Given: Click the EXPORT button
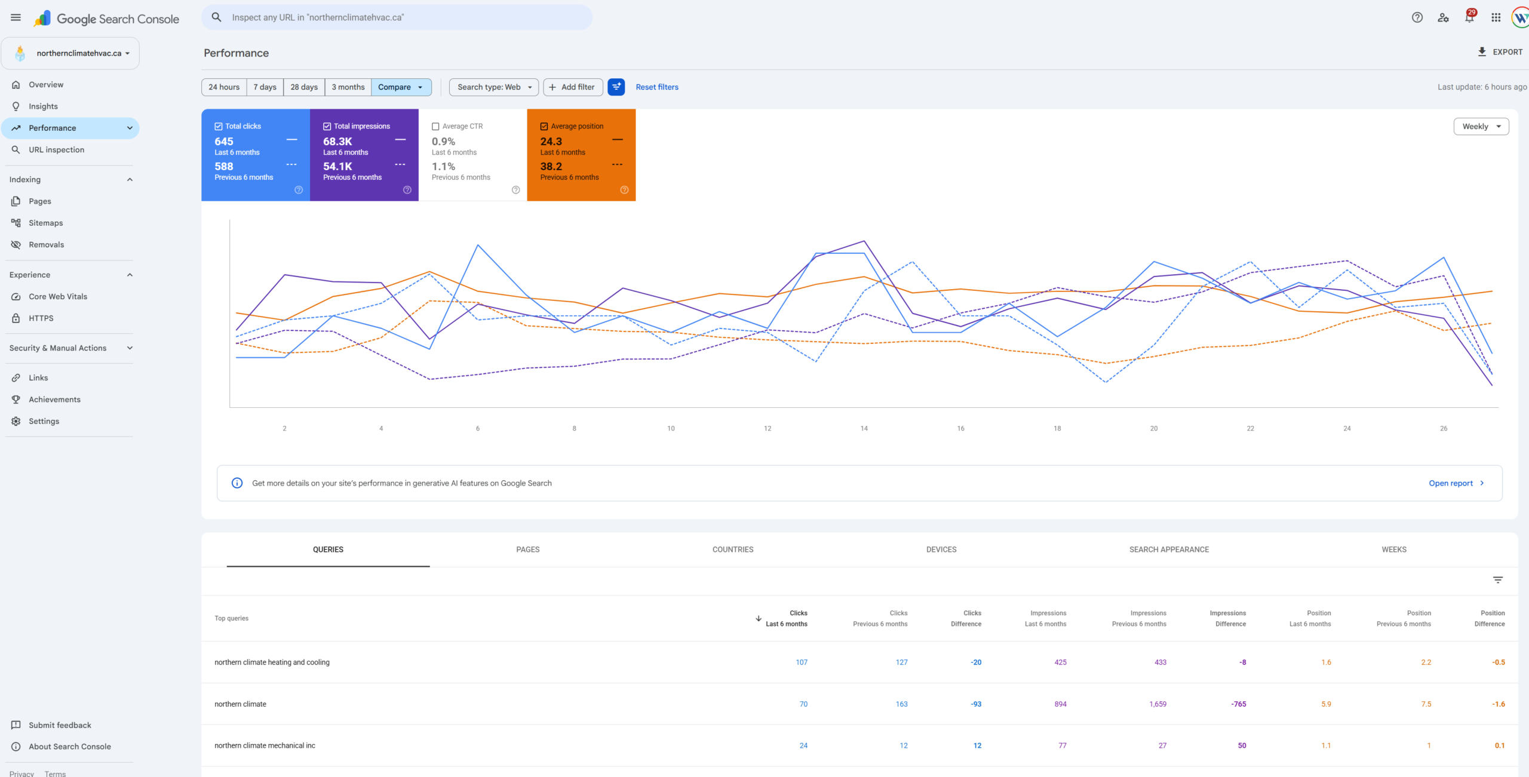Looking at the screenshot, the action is (1500, 52).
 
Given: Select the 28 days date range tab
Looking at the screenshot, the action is (304, 87).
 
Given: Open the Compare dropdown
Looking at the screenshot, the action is (401, 87).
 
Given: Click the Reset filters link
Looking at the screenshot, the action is (657, 87).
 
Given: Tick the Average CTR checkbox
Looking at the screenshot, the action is (435, 127).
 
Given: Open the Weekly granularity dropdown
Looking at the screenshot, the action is (1481, 127).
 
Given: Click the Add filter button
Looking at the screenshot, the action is (573, 87).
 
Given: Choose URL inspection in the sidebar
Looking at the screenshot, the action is (57, 150).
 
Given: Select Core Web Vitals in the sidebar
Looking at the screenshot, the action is (58, 297).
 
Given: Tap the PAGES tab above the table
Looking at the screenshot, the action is (528, 549).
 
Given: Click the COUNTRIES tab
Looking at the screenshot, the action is (733, 549).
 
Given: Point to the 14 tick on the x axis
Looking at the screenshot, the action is (864, 428).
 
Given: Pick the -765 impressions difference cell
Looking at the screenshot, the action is (1239, 704).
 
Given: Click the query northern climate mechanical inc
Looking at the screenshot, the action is (265, 745).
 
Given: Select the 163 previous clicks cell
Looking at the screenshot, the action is (901, 704).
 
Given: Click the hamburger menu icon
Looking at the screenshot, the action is (16, 17).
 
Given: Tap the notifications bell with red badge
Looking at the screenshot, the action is (1469, 17).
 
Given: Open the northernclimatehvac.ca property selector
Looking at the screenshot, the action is (70, 53).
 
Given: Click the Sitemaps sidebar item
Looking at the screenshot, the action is (46, 223).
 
